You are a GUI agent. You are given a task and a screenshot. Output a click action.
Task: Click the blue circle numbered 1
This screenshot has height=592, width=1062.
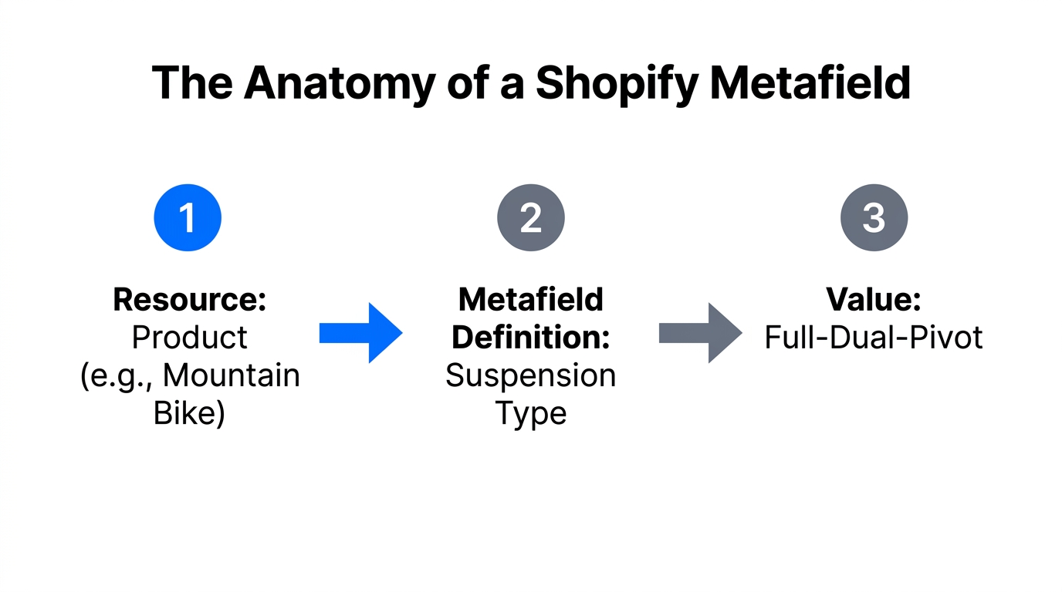188,218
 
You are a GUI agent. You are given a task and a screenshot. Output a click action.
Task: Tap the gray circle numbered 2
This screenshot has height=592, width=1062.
531,218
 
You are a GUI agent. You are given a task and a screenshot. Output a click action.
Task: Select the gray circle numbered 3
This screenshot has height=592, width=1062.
874,218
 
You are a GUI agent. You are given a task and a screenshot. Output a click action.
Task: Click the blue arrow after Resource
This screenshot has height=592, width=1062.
360,333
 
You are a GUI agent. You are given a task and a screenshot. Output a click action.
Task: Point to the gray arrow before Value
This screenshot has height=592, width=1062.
700,333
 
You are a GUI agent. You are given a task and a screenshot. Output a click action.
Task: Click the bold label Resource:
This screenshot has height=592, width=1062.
189,300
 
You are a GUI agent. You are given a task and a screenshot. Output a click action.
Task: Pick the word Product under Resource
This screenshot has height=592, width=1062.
189,338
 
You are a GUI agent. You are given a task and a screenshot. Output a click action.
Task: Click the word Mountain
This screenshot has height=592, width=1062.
232,375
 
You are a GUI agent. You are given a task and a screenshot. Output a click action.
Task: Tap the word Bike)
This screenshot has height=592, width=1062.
189,413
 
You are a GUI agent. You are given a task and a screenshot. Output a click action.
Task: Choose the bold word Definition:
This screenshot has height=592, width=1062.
531,338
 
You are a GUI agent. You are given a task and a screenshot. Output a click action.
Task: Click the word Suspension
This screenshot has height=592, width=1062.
531,375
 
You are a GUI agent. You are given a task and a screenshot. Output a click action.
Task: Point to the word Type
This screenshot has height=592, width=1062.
531,413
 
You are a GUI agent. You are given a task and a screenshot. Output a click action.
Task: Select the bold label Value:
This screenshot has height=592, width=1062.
874,300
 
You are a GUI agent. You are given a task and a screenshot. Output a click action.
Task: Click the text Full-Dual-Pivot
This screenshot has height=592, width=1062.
874,338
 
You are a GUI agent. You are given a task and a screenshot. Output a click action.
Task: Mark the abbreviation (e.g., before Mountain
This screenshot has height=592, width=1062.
117,375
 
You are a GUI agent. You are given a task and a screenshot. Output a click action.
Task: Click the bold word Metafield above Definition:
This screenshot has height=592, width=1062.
531,300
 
